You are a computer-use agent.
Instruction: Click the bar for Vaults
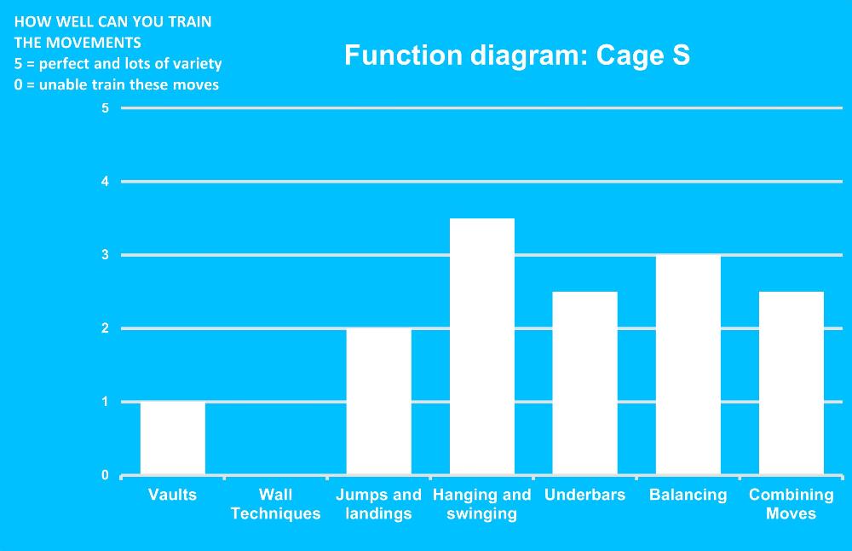173,438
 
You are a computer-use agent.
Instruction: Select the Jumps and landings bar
379,402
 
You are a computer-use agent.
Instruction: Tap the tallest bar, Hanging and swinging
482,346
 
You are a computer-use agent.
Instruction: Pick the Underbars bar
585,384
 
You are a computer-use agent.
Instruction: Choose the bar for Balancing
688,365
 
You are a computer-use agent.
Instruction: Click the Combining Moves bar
792,384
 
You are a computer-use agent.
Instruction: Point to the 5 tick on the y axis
106,108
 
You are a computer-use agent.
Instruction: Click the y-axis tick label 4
106,182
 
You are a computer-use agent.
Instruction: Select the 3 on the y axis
106,255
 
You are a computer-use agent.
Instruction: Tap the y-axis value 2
106,328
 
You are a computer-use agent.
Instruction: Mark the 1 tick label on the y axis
106,402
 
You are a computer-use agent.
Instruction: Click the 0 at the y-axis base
106,475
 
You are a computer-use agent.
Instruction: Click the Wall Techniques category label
275,504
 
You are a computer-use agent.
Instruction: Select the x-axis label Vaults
172,495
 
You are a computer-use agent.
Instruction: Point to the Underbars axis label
585,495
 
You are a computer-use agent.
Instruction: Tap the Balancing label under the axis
688,496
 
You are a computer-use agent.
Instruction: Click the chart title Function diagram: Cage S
517,55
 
